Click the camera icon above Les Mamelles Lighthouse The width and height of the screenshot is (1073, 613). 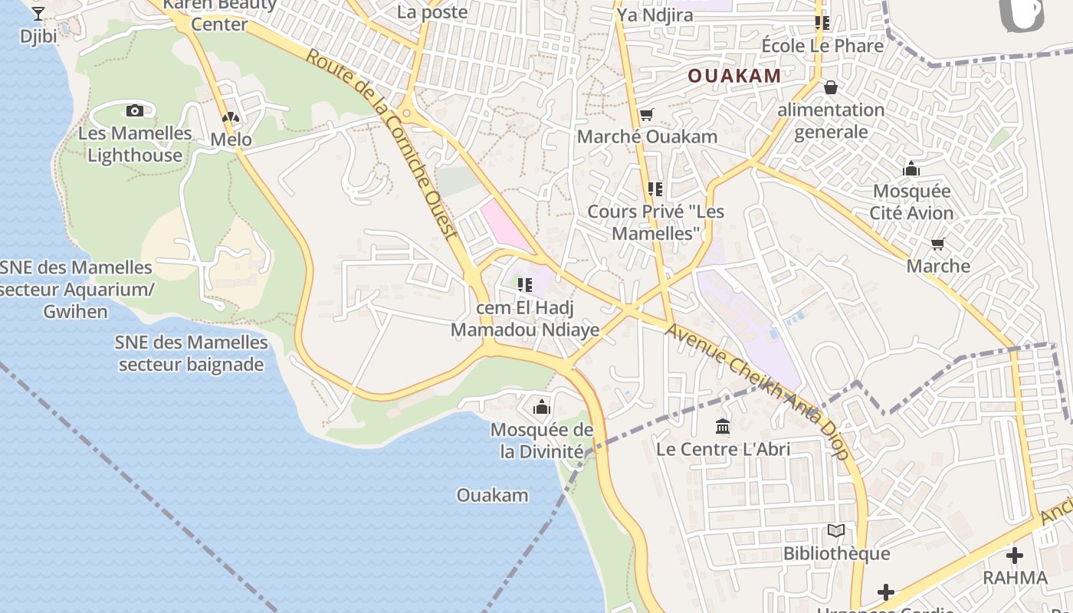[135, 111]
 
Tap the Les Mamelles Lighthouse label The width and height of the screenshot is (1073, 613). [135, 144]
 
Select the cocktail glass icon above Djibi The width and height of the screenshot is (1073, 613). [38, 13]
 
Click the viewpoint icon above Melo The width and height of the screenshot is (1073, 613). [230, 117]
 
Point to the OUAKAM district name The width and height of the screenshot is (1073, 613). [734, 76]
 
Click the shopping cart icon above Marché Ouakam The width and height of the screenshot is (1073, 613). [647, 115]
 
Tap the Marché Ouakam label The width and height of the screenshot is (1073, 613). [647, 136]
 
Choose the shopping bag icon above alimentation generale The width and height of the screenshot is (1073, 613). [830, 87]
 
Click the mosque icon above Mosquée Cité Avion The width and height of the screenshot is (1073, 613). [911, 169]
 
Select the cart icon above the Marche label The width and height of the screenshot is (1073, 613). [937, 244]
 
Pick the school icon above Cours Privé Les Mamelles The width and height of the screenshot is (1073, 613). [655, 188]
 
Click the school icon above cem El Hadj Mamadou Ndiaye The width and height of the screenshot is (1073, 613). [525, 285]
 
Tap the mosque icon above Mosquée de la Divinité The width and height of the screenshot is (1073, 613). [542, 407]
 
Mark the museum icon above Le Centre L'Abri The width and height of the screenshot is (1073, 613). [722, 426]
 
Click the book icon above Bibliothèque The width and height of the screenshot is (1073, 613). [836, 530]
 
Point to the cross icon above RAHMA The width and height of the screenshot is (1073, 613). [1015, 556]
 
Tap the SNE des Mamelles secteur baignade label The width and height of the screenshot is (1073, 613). [192, 353]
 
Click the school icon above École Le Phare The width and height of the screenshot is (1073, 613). [822, 23]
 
